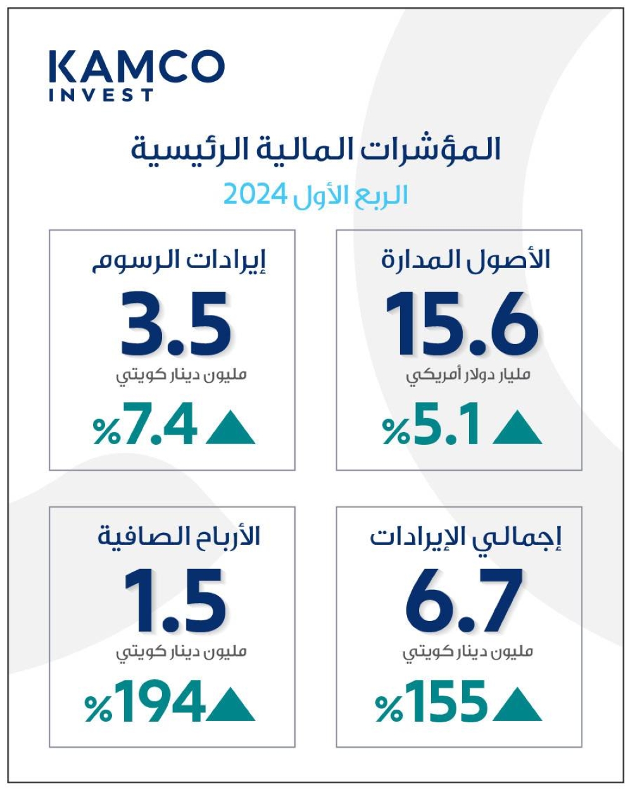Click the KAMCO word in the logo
point(136,66)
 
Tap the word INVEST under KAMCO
point(101,95)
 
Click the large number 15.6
point(461,324)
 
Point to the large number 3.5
point(176,324)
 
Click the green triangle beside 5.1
point(517,430)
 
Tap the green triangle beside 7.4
point(230,430)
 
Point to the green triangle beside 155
point(517,706)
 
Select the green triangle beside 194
point(230,706)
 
